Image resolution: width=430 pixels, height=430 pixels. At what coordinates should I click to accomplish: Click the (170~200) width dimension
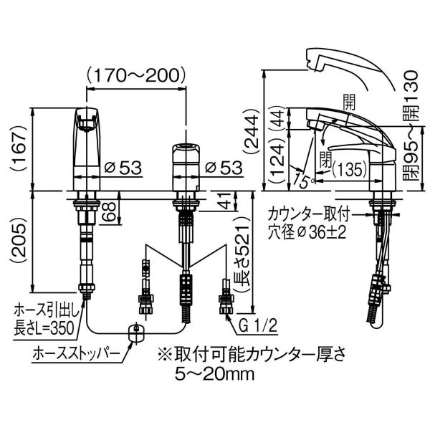tap(136, 75)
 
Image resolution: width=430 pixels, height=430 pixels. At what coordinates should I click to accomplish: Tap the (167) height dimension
tap(21, 148)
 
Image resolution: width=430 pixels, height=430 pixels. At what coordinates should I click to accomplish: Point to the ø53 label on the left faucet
tap(123, 167)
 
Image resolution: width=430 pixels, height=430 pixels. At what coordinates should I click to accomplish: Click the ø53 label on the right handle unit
tap(224, 167)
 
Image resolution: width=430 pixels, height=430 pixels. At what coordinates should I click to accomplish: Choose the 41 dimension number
tap(226, 201)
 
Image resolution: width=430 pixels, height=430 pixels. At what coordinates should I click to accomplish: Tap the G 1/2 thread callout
tap(258, 326)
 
